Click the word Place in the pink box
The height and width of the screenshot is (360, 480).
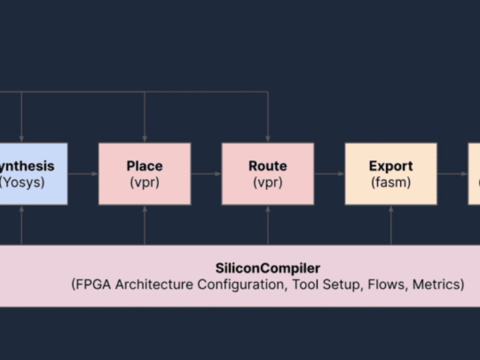click(x=144, y=166)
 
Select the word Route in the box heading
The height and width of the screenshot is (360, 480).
click(x=268, y=166)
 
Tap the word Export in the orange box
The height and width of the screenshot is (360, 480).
click(x=391, y=166)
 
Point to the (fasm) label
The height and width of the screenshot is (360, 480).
click(x=391, y=182)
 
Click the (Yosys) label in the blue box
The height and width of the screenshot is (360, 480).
click(x=22, y=182)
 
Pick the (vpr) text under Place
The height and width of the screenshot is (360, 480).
click(x=144, y=182)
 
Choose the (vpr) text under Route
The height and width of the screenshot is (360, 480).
click(x=268, y=182)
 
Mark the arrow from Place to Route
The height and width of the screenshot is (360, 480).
click(x=206, y=174)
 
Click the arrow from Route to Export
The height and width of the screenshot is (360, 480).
click(x=329, y=174)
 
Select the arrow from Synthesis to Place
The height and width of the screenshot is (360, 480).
click(x=83, y=174)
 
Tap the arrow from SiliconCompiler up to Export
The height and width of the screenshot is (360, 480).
click(x=391, y=224)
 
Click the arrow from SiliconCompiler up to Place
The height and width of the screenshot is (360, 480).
click(x=144, y=224)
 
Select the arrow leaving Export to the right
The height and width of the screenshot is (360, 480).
click(x=452, y=174)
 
